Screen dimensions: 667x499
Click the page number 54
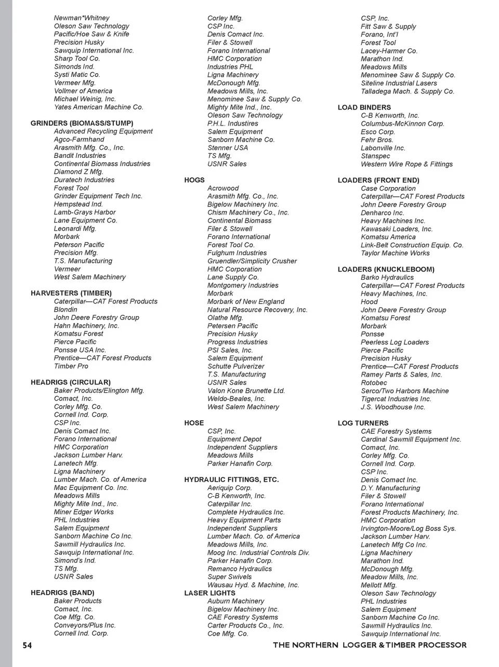pyautogui.click(x=27, y=645)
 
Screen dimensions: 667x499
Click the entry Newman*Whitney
pyautogui.click(x=82, y=18)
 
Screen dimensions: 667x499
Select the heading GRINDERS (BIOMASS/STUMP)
pyautogui.click(x=82, y=123)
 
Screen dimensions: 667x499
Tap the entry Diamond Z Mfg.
pyautogui.click(x=78, y=171)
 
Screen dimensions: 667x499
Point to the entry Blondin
pyautogui.click(x=65, y=309)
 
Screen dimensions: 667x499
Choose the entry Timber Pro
pyautogui.click(x=71, y=366)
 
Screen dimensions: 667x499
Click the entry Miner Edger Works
pyautogui.click(x=84, y=512)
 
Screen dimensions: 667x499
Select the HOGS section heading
pyautogui.click(x=194, y=180)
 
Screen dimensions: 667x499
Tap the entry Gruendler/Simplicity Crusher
pyautogui.click(x=252, y=261)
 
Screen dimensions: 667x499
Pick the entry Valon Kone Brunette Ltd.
pyautogui.click(x=246, y=391)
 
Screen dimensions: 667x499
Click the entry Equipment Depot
pyautogui.click(x=234, y=439)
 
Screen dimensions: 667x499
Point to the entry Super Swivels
pyautogui.click(x=229, y=577)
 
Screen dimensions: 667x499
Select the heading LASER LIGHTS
pyautogui.click(x=209, y=593)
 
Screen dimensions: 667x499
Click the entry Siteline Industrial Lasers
pyautogui.click(x=399, y=83)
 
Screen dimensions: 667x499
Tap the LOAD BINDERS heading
pyautogui.click(x=364, y=108)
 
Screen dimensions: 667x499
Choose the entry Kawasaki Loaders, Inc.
pyautogui.click(x=397, y=229)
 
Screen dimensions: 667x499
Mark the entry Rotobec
pyautogui.click(x=374, y=382)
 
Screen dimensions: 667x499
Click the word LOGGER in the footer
pyautogui.click(x=360, y=645)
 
